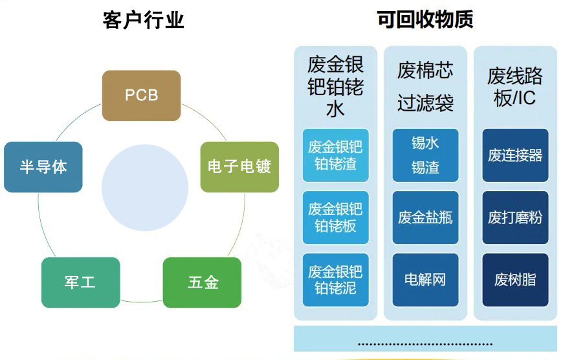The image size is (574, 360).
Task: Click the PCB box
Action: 141,95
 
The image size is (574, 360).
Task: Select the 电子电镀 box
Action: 239,166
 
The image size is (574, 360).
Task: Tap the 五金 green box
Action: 202,282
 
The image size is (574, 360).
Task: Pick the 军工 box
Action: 80,282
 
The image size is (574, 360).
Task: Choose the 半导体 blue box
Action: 43,166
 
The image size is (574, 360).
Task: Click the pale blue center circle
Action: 145,188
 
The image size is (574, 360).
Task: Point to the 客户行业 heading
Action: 143,20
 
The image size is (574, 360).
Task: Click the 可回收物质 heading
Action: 425,20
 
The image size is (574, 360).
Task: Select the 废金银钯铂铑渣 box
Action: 335,155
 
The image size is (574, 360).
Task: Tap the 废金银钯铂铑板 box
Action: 335,217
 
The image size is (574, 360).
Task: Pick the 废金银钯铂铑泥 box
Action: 335,280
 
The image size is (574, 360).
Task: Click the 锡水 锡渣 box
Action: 425,155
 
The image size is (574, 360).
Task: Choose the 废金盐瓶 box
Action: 425,217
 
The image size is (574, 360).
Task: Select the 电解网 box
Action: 425,280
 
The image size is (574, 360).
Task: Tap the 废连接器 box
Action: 515,155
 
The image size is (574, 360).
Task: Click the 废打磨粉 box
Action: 515,217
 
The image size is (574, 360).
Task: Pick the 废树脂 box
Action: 515,280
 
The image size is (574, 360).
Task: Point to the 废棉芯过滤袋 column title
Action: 425,86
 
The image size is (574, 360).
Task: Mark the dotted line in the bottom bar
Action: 425,344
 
